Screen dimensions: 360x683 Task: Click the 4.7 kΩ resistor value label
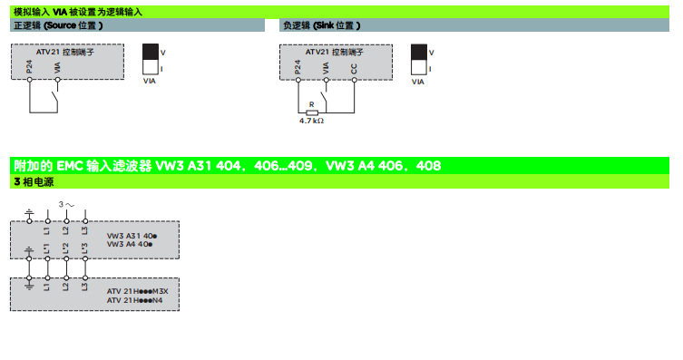[x=311, y=120]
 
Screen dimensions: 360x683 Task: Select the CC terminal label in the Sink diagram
[x=354, y=68]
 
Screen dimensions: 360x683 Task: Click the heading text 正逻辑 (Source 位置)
[x=58, y=25]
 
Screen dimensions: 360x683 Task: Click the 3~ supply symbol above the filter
[x=66, y=205]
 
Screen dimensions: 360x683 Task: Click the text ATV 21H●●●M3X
[x=138, y=291]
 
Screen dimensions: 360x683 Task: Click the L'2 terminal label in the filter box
[x=66, y=248]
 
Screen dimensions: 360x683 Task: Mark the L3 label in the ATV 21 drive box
[x=84, y=287]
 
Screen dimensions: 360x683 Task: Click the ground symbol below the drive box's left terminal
[x=28, y=287]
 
